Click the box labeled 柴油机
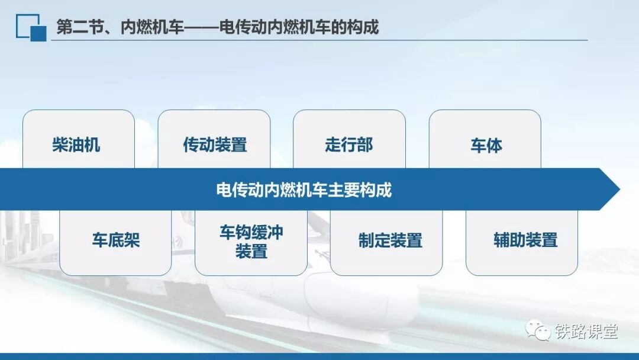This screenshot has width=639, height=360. pos(79,139)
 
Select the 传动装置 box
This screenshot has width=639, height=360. pos(214,139)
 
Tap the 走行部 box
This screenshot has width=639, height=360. pos(349,139)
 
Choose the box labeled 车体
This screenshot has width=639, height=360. pos(485,139)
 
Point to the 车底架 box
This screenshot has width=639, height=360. pos(115,243)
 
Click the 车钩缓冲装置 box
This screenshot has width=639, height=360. pos(251,243)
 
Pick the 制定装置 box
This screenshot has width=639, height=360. pos(386,243)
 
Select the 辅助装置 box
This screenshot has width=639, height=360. pos(522,243)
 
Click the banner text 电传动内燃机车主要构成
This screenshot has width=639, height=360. pos(304,190)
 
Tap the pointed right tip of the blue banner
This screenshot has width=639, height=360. pos(619,189)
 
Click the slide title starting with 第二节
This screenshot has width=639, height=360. pos(218,27)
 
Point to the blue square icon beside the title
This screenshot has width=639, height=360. pos(31,28)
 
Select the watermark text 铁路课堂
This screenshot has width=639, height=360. pos(586,331)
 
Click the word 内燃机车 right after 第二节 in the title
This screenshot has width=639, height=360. pos(153,27)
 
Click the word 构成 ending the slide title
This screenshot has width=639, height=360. pos(363,27)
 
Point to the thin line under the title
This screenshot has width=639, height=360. pos(319,40)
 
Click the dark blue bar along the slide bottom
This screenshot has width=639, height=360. pos(319,356)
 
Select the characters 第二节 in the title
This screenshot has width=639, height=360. pos(80,27)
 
